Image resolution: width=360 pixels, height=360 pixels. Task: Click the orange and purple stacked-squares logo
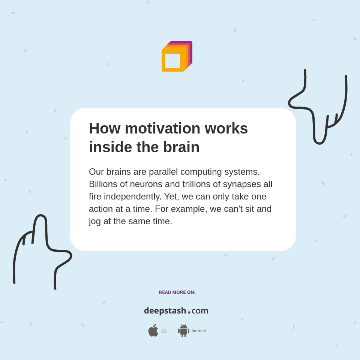point(177,57)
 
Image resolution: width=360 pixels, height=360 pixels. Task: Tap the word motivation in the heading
point(163,128)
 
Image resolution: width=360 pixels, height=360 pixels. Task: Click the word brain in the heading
point(181,147)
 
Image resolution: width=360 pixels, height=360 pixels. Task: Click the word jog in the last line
point(95,222)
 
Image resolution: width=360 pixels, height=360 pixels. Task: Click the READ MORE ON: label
point(177,292)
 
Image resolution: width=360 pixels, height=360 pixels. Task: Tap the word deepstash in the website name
point(165,311)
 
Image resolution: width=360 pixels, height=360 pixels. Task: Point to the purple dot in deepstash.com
point(189,312)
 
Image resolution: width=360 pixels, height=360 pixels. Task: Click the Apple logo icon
point(153,331)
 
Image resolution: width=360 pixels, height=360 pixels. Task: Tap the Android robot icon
point(184,331)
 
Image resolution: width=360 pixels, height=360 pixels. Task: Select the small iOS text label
point(163,331)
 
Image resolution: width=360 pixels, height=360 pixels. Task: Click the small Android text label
point(199,331)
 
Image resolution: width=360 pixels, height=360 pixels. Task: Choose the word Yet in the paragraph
point(171,196)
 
